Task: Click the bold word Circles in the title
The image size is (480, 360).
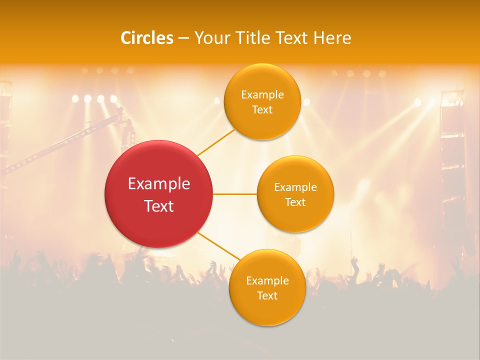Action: pos(147,38)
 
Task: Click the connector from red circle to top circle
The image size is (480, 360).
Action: pos(216,142)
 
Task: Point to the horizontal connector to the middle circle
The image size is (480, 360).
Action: pos(234,194)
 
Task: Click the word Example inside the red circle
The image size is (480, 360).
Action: pos(159,184)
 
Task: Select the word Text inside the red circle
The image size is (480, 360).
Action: pos(159,206)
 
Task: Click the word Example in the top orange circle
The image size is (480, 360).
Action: pos(262,95)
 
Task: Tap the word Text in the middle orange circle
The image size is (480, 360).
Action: pos(295,202)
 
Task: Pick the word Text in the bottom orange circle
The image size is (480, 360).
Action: pos(267,296)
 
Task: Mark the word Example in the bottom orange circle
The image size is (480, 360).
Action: pos(267,281)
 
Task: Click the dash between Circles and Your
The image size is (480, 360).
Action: pos(183,38)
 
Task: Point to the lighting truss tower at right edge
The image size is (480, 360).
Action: pos(452,150)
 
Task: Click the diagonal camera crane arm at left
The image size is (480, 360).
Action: pos(60,145)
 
